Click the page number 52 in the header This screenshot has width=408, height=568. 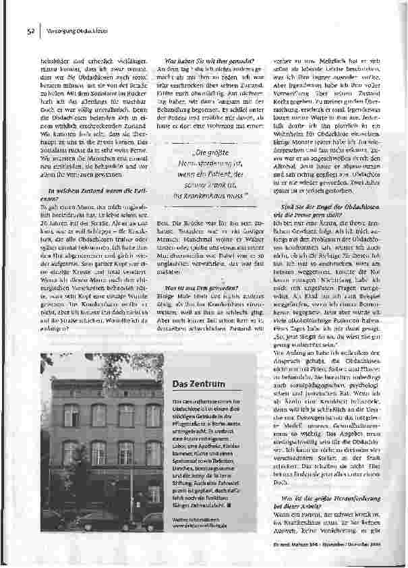[x=31, y=30]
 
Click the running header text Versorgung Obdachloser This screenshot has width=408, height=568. [x=74, y=30]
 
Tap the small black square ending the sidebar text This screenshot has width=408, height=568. [x=229, y=503]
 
